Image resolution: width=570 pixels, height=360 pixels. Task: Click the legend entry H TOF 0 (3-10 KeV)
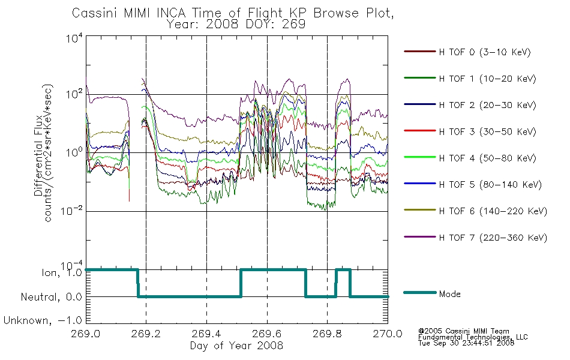[x=485, y=52]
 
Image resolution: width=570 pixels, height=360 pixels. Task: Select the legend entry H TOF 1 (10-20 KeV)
[x=487, y=79]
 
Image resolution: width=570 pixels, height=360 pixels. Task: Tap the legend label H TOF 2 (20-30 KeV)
[x=487, y=105]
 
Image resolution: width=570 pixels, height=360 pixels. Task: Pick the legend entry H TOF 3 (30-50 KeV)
[x=487, y=131]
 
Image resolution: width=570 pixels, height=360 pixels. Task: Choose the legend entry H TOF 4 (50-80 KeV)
[x=487, y=158]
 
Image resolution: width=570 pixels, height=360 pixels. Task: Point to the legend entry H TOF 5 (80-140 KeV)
[x=490, y=185]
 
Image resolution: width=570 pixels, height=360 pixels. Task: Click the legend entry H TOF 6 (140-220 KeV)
[x=493, y=211]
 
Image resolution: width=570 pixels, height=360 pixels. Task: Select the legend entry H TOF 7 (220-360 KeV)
[x=493, y=238]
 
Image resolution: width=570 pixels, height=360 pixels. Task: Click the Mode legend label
[x=449, y=294]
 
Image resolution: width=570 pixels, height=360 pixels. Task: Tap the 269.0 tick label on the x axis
[x=85, y=334]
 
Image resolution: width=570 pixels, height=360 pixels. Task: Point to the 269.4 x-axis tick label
[x=206, y=334]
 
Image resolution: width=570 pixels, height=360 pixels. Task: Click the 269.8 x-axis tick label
[x=327, y=334]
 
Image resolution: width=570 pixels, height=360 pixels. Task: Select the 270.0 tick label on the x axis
[x=388, y=334]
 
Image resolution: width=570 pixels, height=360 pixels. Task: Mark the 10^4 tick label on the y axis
[x=74, y=38]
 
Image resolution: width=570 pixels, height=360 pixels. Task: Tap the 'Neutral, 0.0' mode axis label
[x=51, y=297]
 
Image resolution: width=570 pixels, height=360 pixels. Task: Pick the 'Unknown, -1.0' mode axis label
[x=43, y=320]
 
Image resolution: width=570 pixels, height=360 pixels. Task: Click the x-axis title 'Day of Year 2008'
[x=236, y=346]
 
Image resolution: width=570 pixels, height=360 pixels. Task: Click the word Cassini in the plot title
[x=95, y=13]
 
